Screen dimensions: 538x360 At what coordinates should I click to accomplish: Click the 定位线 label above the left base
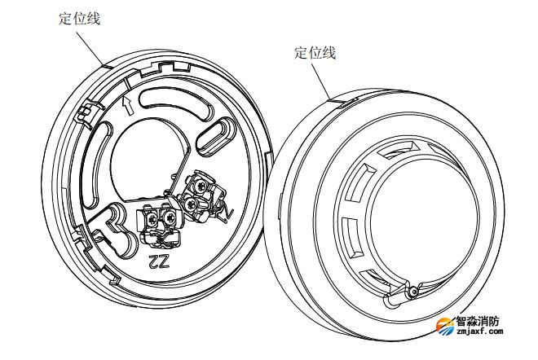79,19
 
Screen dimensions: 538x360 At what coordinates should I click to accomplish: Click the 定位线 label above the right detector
315,53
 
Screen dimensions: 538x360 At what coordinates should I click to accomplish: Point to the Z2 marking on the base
159,261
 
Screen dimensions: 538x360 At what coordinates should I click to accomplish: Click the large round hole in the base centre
148,158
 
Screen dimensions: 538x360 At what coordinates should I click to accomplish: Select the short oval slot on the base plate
215,137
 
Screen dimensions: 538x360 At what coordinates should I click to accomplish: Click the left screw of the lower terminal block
151,218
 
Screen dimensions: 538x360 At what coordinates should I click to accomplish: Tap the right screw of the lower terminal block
170,218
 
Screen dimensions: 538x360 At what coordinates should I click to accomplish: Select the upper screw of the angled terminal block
200,187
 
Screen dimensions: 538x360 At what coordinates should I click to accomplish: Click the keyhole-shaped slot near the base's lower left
116,229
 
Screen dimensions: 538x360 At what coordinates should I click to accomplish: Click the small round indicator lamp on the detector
414,292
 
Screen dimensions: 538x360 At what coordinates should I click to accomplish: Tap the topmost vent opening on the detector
399,149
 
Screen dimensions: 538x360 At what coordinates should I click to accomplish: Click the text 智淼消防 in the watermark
477,321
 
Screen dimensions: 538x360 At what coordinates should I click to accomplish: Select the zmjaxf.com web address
479,331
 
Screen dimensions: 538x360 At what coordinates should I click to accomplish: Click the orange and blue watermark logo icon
445,326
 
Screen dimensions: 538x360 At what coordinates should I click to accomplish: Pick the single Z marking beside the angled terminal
230,215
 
